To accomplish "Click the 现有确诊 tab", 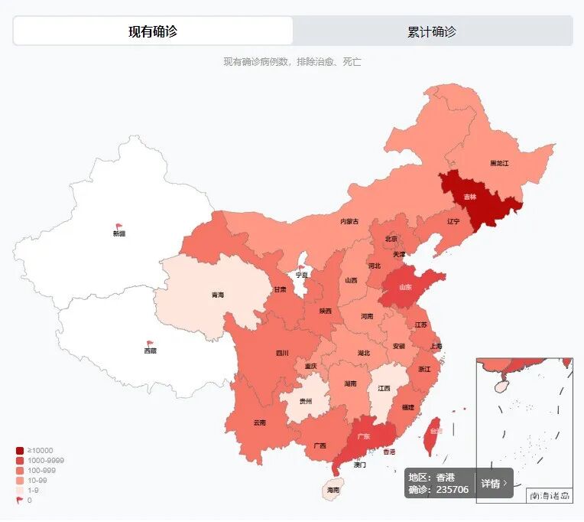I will (x=153, y=31).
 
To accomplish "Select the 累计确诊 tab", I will (x=432, y=31).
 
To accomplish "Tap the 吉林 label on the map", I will (x=469, y=197).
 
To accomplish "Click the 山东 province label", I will (x=405, y=288).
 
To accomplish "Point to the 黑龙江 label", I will (x=499, y=164).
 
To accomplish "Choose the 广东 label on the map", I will (x=365, y=436).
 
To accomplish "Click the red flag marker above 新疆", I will (x=119, y=227).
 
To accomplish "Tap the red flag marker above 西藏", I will (x=150, y=344).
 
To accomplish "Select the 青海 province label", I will (x=218, y=295).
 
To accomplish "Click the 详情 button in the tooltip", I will (x=494, y=484).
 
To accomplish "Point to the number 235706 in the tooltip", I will (x=453, y=490).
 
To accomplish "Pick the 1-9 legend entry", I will (x=33, y=490).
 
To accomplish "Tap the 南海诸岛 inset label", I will (x=550, y=496).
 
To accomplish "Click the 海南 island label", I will (x=333, y=490).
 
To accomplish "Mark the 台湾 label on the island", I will (x=434, y=431).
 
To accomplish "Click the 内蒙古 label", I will (x=349, y=221).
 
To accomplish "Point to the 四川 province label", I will (x=282, y=354).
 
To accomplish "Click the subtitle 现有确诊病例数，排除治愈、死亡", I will (x=292, y=62).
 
